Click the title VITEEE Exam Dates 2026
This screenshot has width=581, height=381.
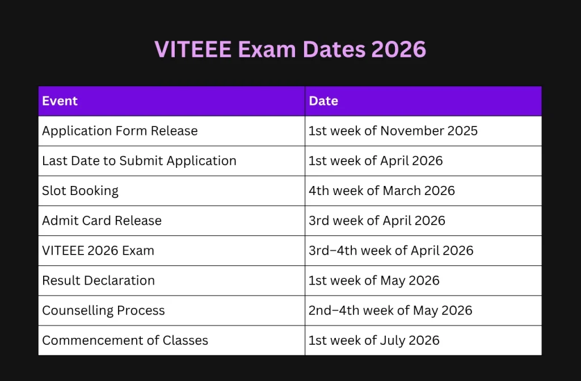(x=290, y=49)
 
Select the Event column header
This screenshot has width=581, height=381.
(x=60, y=101)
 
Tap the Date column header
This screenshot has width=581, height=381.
(x=323, y=101)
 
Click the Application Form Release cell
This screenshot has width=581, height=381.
(x=120, y=131)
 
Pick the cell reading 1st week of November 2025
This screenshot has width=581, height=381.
(x=393, y=131)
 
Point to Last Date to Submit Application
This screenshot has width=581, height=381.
(x=139, y=161)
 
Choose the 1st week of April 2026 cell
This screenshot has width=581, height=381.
(x=375, y=161)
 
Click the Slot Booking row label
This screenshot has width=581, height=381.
(x=80, y=190)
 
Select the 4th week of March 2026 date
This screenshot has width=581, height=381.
(x=381, y=190)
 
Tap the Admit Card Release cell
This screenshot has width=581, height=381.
(x=102, y=221)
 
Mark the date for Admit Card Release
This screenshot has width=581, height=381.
(x=377, y=221)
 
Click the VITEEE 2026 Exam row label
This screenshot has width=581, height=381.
(x=98, y=251)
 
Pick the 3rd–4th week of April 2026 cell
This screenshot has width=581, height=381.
(x=390, y=251)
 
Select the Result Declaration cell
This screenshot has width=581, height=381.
(x=98, y=281)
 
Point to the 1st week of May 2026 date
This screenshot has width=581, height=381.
(x=373, y=281)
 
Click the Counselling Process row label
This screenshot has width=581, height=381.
(x=103, y=311)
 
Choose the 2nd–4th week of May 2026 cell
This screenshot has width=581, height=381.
(x=390, y=311)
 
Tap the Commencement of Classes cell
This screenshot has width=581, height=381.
(x=125, y=341)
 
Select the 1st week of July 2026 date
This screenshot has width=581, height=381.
(x=373, y=341)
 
